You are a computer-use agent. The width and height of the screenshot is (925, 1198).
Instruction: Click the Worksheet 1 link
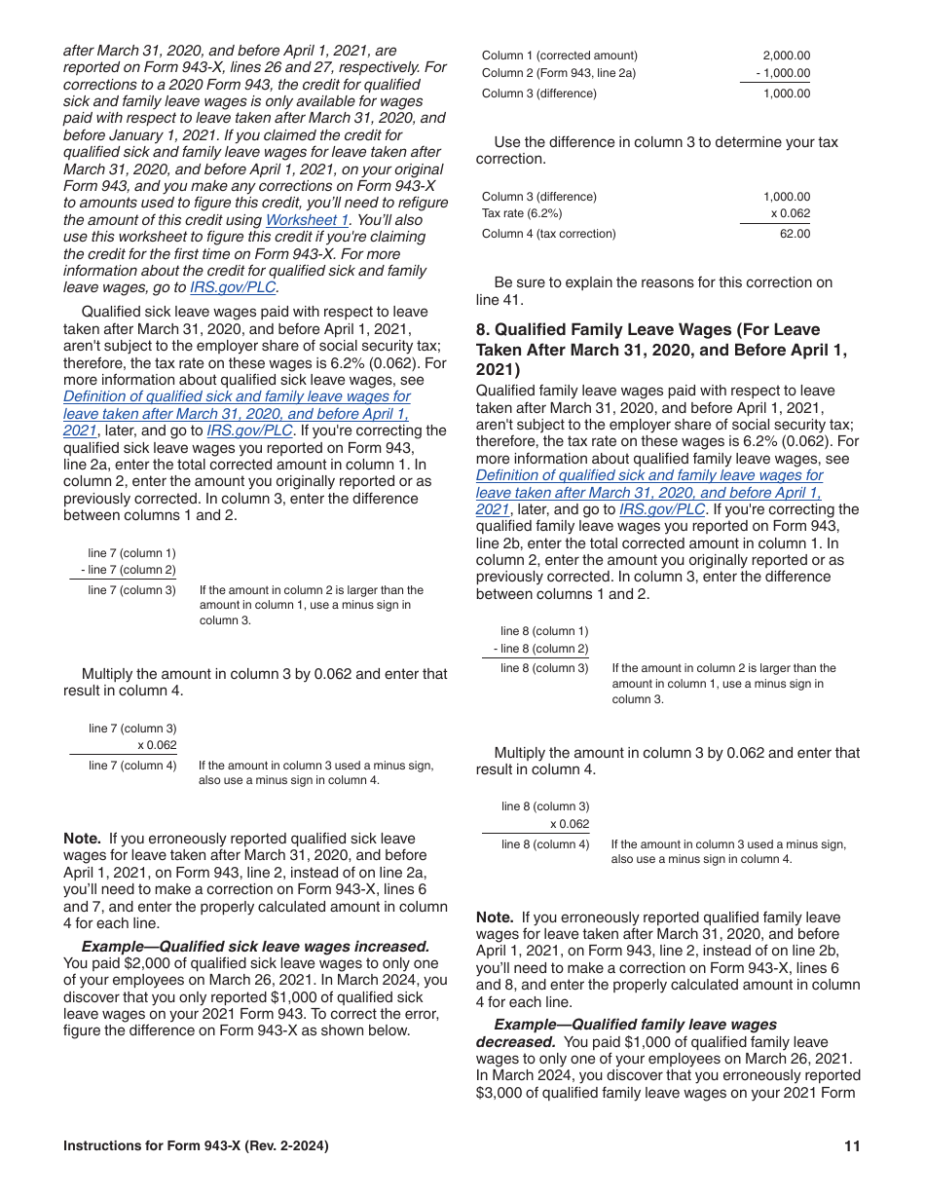pyautogui.click(x=307, y=220)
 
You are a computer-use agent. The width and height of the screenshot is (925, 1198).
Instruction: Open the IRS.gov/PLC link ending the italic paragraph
pyautogui.click(x=233, y=288)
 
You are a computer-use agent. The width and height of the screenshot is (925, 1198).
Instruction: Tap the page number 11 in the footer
pyautogui.click(x=852, y=1146)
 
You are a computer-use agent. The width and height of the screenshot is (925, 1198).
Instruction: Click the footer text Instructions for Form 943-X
pyautogui.click(x=196, y=1146)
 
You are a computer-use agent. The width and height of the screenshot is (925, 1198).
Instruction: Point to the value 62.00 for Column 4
pyautogui.click(x=795, y=234)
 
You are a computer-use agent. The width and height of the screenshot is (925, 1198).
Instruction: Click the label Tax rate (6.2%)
pyautogui.click(x=522, y=213)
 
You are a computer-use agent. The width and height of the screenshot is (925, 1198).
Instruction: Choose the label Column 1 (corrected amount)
pyautogui.click(x=560, y=56)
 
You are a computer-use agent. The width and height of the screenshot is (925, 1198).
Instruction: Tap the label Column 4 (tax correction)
pyautogui.click(x=549, y=234)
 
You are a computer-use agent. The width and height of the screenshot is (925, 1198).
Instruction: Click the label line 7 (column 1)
pyautogui.click(x=131, y=553)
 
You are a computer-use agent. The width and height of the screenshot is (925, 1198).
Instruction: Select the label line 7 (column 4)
pyautogui.click(x=132, y=766)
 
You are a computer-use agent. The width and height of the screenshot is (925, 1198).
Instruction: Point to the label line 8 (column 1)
pyautogui.click(x=544, y=631)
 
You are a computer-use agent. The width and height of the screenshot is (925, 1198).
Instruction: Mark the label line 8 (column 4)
pyautogui.click(x=545, y=844)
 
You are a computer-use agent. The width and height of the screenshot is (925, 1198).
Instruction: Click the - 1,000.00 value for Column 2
pyautogui.click(x=783, y=74)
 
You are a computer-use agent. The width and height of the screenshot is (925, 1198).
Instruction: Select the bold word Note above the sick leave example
pyautogui.click(x=82, y=839)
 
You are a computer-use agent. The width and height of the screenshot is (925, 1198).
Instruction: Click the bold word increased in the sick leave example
pyautogui.click(x=393, y=947)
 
